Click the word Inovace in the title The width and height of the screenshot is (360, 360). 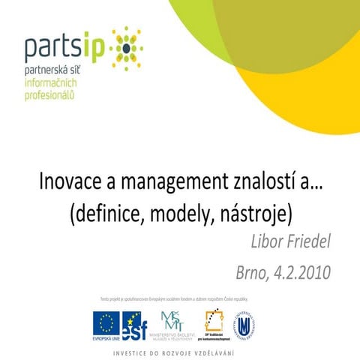click(x=67, y=183)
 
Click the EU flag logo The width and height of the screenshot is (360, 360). click(x=106, y=323)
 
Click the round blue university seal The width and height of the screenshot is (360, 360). click(x=248, y=323)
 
